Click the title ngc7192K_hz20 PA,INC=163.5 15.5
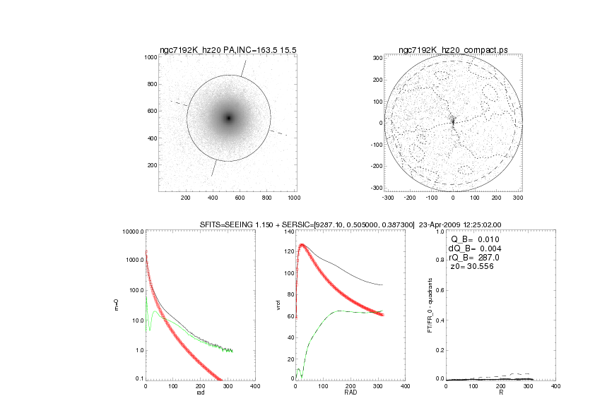[225, 50]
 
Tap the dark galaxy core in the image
[228, 118]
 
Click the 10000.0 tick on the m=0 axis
[131, 232]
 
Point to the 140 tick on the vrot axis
[288, 232]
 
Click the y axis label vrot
[279, 305]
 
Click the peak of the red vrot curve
[302, 245]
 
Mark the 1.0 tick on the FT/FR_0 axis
[438, 232]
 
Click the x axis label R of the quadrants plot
[500, 392]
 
